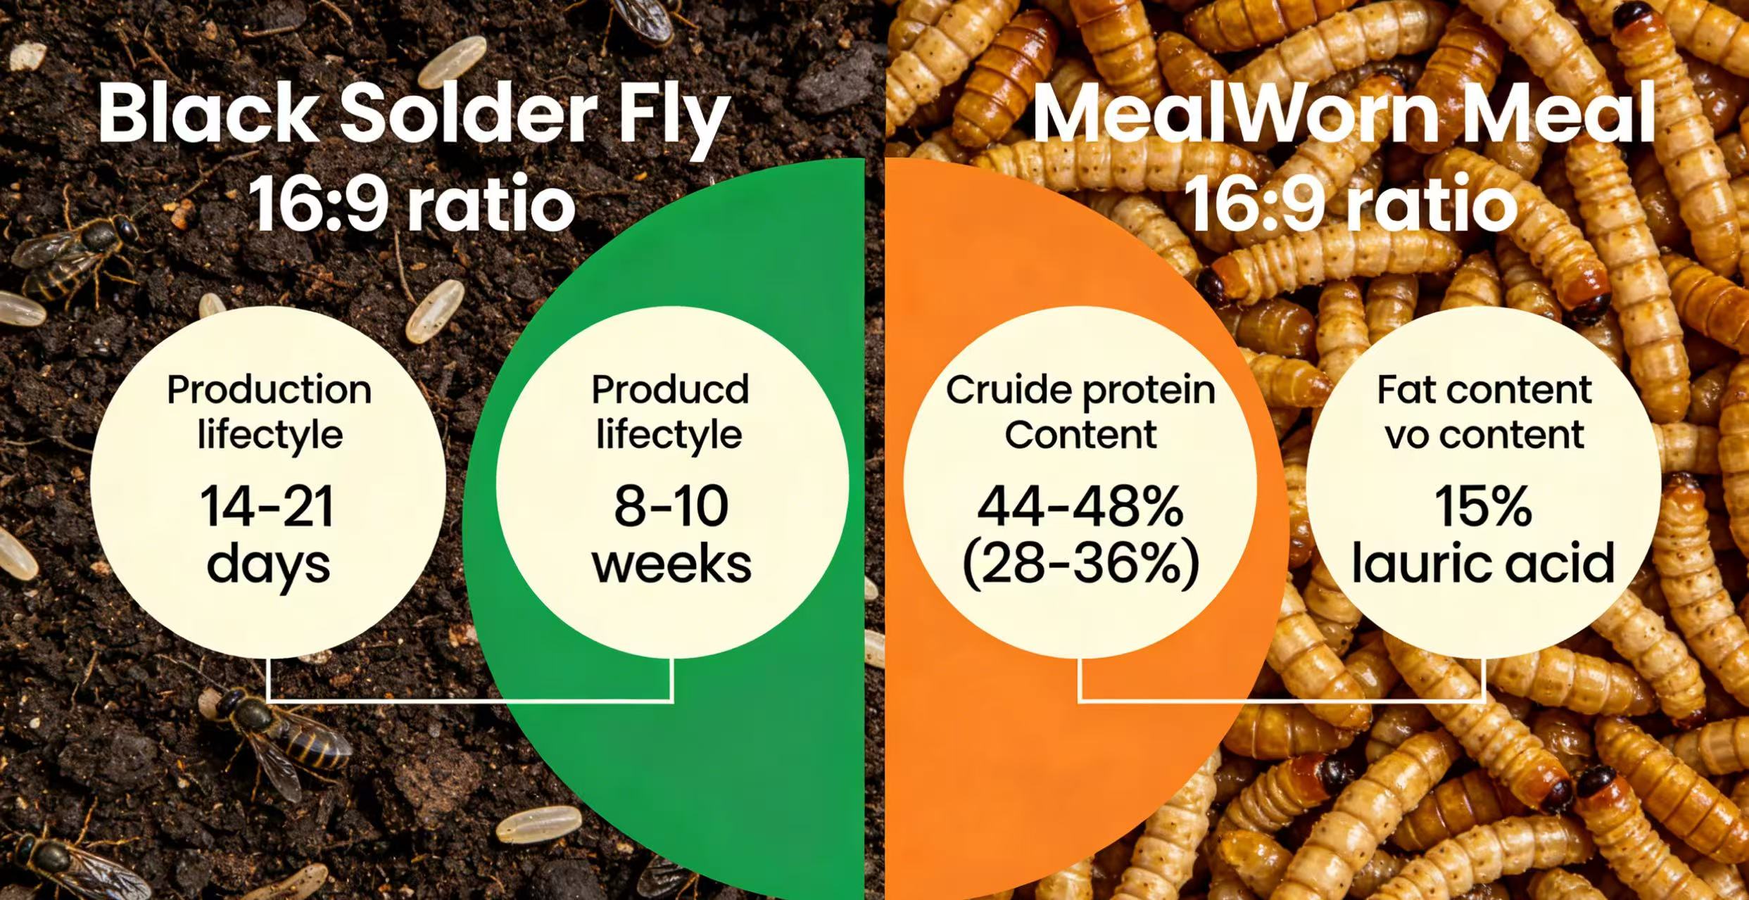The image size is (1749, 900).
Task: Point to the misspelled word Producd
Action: pyautogui.click(x=670, y=389)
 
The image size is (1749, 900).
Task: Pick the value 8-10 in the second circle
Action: pyautogui.click(x=671, y=507)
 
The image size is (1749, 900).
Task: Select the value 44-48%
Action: pyautogui.click(x=1080, y=507)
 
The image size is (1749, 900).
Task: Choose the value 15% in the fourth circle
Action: pyautogui.click(x=1483, y=507)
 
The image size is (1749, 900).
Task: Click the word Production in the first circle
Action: pyautogui.click(x=269, y=389)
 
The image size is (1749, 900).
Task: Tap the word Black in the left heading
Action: pyautogui.click(x=208, y=113)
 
